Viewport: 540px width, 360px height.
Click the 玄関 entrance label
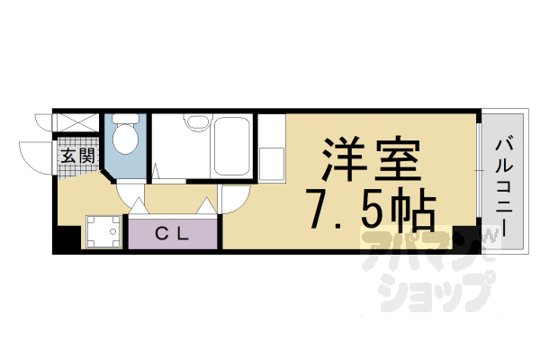(x=78, y=156)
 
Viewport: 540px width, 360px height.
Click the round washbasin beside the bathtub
(x=195, y=126)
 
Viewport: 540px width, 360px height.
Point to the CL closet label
(x=171, y=235)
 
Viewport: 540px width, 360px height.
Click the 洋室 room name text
(x=368, y=162)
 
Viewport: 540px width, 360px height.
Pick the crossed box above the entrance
(x=76, y=123)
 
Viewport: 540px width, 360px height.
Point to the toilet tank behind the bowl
(x=126, y=120)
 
